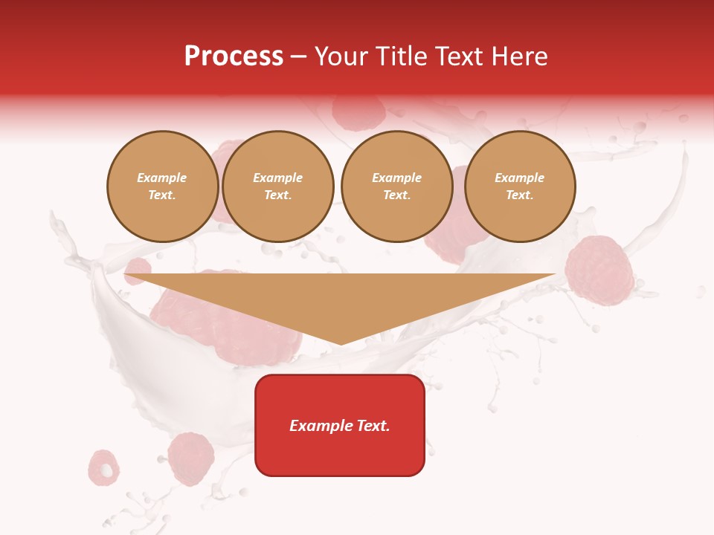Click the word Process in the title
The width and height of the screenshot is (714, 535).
click(x=234, y=56)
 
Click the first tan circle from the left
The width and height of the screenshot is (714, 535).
click(x=163, y=187)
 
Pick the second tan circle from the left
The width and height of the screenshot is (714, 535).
click(x=278, y=187)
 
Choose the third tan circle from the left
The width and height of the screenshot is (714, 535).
click(x=396, y=187)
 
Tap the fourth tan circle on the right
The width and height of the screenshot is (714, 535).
click(x=520, y=187)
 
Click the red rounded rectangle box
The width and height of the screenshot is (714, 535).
click(x=340, y=453)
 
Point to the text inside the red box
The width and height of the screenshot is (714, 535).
click(x=340, y=426)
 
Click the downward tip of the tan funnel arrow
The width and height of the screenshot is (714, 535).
click(x=341, y=342)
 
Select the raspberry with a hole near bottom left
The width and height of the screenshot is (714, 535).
click(x=104, y=467)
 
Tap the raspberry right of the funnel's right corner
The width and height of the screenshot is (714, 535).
click(x=599, y=270)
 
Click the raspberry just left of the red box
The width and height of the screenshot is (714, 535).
click(x=191, y=458)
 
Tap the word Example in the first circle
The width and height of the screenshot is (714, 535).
click(x=162, y=178)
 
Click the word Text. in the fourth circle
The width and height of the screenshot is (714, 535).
click(x=520, y=195)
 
